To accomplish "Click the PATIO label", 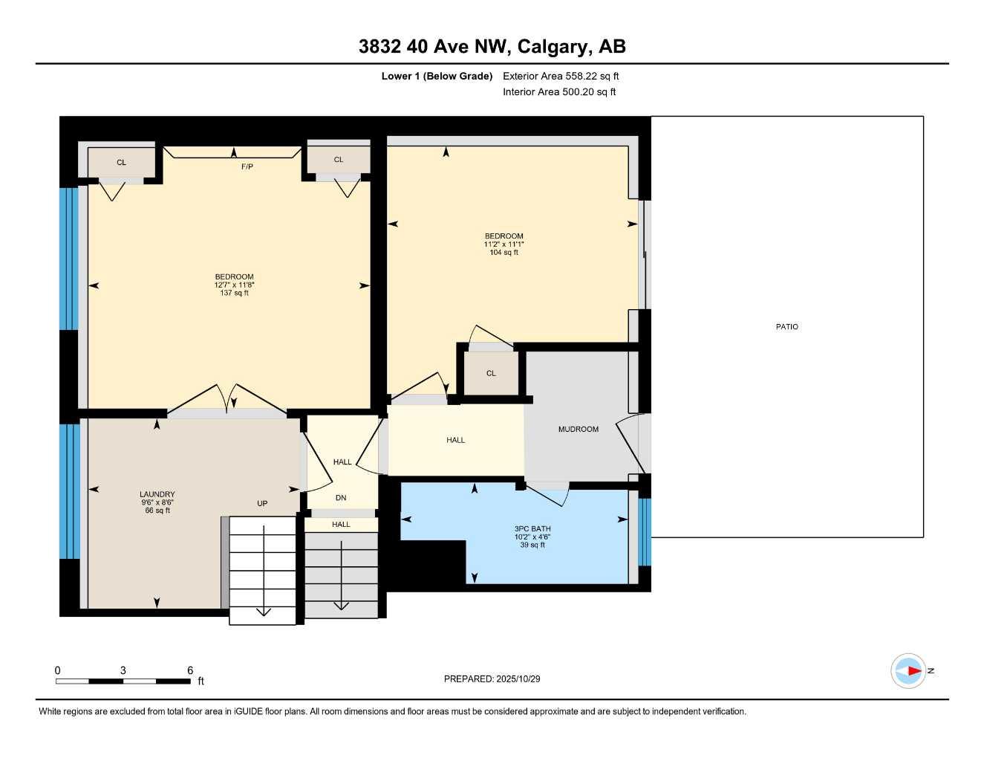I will pos(786,327).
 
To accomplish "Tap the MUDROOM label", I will pos(578,430).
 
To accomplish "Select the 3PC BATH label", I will pos(532,529).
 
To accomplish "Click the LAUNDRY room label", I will pos(157,494).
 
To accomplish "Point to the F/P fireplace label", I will pos(247,166).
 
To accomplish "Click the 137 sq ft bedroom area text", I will pos(234,294).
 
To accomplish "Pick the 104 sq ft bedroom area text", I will pos(504,253).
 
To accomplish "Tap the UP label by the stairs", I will pos(262,504).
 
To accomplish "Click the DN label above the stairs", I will pos(341,498).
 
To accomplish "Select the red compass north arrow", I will pos(913,671).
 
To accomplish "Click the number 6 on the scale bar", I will pos(190,670).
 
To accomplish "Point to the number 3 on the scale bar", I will pos(123,670).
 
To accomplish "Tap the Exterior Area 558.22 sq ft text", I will pos(561,76).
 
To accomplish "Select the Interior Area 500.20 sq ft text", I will pos(559,92).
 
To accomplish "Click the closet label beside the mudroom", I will pos(491,374).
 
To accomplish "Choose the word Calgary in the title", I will pos(552,47).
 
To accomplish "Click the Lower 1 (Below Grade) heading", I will pos(437,76).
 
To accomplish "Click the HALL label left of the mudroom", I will pos(455,441).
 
